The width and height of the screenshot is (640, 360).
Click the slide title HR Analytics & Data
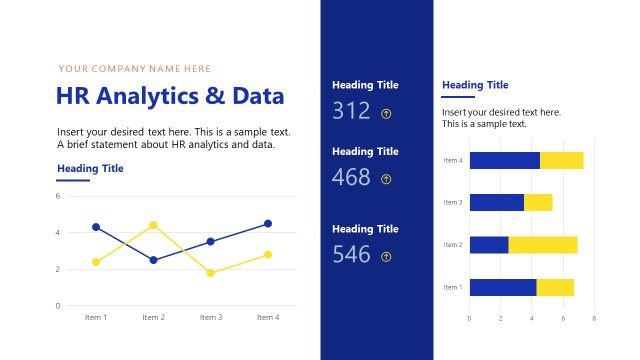pos(171,97)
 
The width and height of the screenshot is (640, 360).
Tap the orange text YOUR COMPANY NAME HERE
pos(135,69)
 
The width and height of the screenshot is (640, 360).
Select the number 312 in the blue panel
pos(351,111)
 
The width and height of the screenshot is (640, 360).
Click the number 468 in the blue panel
pos(351,178)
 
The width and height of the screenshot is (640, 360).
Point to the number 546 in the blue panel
pos(351,255)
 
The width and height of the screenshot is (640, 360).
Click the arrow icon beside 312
pos(386,113)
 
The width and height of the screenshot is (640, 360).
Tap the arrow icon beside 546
pos(386,257)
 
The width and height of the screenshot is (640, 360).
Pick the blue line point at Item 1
pos(96,227)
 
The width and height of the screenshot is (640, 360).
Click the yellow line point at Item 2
pos(153,225)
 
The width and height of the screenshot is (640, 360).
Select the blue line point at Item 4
pos(268,223)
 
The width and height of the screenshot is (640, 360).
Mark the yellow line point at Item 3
pos(210,273)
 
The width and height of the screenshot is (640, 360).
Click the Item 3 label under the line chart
pos(210,317)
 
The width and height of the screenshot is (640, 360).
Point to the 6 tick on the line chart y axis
pos(58,196)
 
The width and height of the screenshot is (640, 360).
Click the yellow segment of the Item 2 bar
pos(543,245)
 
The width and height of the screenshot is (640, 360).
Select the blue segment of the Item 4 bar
pos(504,160)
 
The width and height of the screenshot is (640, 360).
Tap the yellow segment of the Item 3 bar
pos(538,202)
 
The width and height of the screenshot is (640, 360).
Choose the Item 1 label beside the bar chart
pos(453,288)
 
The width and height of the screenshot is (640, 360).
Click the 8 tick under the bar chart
pos(594,318)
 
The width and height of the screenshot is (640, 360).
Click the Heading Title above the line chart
pos(90,168)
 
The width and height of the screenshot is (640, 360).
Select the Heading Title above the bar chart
pos(475,85)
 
